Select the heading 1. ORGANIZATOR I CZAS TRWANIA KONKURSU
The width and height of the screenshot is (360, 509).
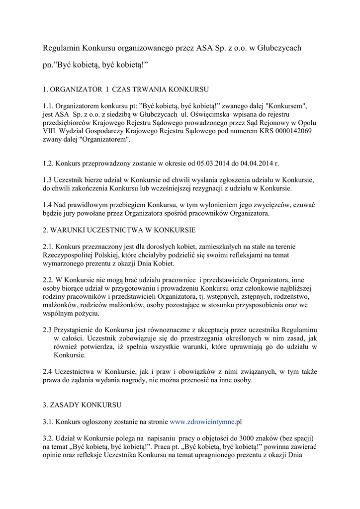click(126, 89)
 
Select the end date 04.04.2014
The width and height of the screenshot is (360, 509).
click(262, 163)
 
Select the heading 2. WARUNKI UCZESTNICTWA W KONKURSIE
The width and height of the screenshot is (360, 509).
click(119, 230)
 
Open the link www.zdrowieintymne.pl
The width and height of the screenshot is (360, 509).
click(206, 422)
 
